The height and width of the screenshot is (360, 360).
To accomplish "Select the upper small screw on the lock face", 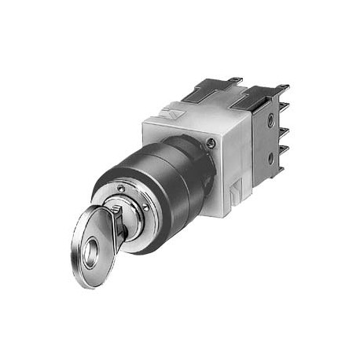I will [x=120, y=188].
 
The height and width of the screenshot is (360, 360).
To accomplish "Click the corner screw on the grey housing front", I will [x=211, y=142].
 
